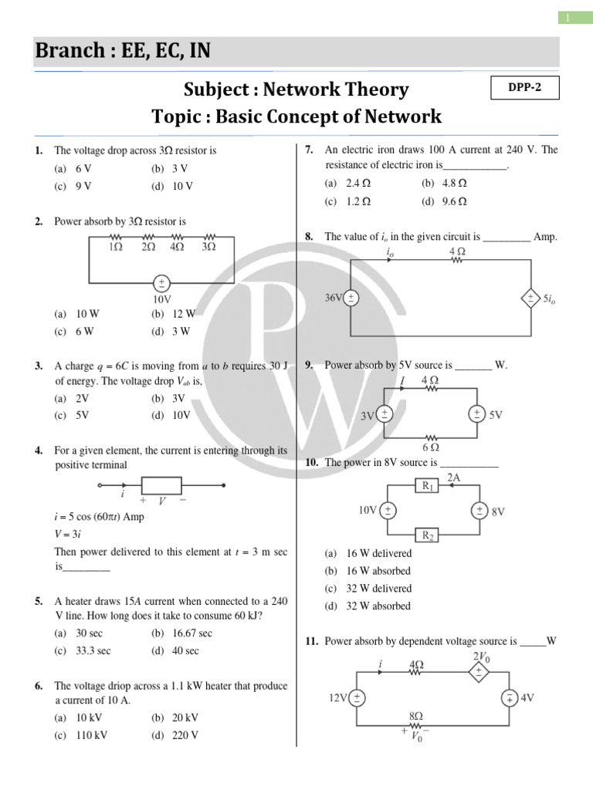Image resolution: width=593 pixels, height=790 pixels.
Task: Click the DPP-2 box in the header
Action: [x=524, y=88]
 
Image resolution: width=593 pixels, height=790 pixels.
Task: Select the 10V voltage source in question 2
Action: [x=162, y=282]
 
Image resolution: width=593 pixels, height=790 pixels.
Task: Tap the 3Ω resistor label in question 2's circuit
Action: [x=208, y=247]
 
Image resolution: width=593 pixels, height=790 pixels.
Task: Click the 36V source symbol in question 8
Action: [x=351, y=298]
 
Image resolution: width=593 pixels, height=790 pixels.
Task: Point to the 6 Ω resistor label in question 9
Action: [x=431, y=447]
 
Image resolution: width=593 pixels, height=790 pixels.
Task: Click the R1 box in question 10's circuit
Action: [x=428, y=486]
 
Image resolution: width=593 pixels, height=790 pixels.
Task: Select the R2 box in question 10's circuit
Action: [x=428, y=535]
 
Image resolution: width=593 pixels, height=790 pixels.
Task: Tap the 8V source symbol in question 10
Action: [x=479, y=511]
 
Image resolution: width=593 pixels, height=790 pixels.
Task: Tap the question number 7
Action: [x=309, y=150]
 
